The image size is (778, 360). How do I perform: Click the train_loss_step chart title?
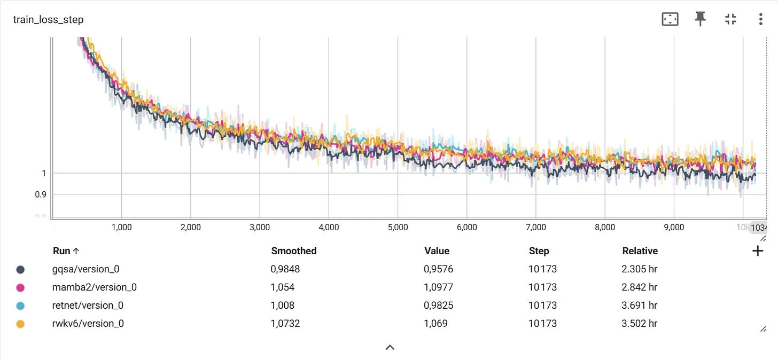pos(48,20)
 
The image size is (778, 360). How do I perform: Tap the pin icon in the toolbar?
pos(700,19)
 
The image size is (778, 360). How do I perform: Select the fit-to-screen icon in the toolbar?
pos(670,19)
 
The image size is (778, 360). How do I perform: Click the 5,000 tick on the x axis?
pos(398,227)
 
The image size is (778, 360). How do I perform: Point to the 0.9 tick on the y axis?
pos(41,194)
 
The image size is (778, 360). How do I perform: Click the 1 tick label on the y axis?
pos(43,173)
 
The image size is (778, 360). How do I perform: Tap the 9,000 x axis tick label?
pos(674,227)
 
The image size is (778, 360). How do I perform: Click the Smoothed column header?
pos(294,251)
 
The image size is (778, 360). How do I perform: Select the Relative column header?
pos(640,251)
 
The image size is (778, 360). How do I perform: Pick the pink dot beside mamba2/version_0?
pos(20,287)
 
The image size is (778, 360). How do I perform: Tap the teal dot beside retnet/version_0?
pos(20,306)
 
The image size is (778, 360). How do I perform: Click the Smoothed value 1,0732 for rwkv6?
pos(285,324)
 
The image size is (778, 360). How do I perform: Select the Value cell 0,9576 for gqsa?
pos(439,269)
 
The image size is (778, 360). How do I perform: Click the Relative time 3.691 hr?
pos(640,306)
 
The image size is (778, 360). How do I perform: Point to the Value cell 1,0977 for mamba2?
pos(439,287)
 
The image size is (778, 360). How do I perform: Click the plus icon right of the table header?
pos(758,251)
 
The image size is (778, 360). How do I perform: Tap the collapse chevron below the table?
pos(390,348)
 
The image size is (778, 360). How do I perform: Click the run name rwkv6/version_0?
pos(88,324)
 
